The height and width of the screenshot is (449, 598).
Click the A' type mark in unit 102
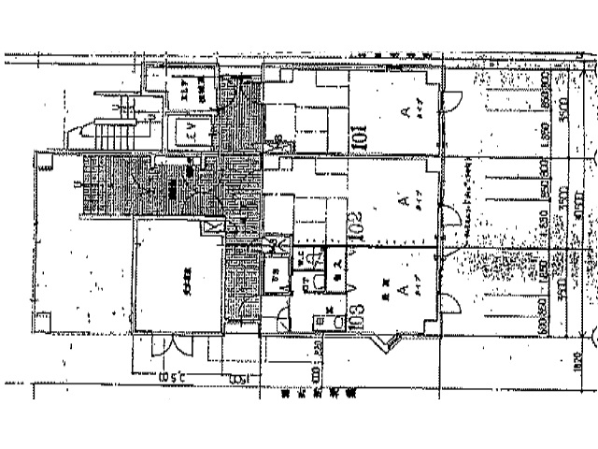(404, 199)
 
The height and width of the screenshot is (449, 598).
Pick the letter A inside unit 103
(402, 291)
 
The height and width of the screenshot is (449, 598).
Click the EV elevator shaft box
(191, 132)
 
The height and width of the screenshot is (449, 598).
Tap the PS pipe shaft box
(277, 279)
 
